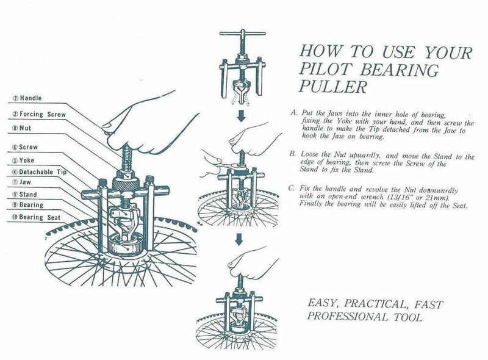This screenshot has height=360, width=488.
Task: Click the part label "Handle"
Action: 31,98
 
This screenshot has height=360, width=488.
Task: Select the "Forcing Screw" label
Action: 43,114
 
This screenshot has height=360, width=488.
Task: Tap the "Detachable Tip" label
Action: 43,172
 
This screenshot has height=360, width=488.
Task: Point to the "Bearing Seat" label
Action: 40,217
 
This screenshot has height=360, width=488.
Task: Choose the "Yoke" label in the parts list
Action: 27,160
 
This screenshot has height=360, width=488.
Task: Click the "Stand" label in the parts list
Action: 28,195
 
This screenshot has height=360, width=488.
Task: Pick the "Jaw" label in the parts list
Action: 25,182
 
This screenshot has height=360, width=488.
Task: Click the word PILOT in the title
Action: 326,70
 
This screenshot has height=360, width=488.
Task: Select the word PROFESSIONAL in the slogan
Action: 348,317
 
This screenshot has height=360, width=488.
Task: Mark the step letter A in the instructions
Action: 294,113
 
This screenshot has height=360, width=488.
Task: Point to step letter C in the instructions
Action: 292,188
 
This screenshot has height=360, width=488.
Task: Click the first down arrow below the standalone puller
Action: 242,115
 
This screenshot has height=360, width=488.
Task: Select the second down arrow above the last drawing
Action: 239,239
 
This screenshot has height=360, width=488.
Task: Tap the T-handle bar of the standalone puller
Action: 242,34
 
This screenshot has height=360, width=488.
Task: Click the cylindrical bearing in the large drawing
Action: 127,246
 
